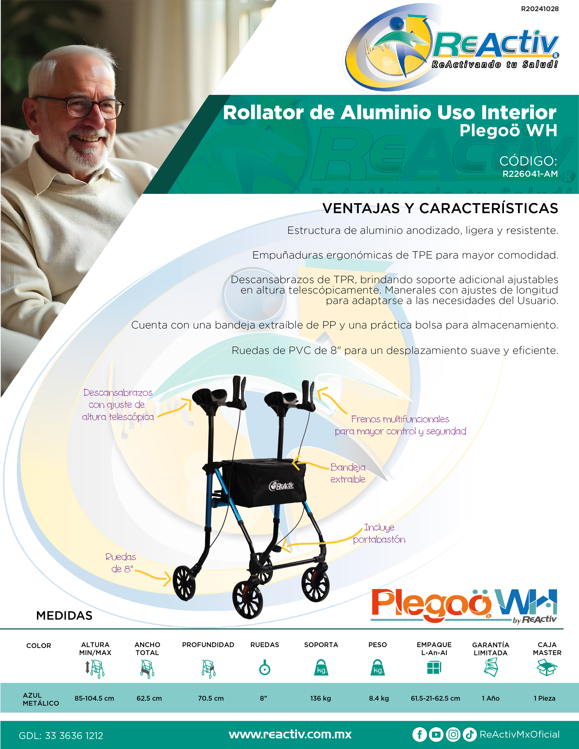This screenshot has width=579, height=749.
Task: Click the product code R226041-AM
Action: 530,174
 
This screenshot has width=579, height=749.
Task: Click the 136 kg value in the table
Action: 321,698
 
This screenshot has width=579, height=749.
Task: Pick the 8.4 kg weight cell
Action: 379,698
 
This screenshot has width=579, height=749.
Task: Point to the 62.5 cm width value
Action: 149,698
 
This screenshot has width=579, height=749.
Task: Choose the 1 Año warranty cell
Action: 490,698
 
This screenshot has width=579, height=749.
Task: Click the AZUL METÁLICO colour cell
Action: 41,699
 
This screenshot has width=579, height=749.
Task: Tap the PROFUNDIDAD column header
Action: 208,645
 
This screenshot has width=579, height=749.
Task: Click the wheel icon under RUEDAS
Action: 265,667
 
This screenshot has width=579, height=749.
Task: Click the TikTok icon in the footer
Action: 470,735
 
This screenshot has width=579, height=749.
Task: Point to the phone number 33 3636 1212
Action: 74,736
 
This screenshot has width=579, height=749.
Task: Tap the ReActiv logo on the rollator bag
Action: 282,486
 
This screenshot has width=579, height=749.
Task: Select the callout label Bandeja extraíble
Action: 348,473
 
